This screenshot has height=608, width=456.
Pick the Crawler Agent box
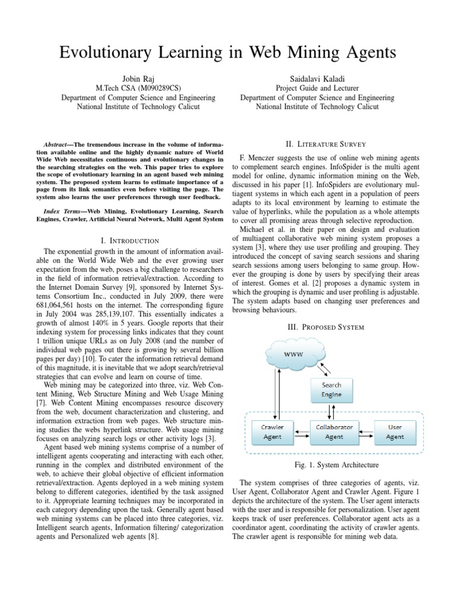273,432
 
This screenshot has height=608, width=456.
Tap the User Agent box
395,432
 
